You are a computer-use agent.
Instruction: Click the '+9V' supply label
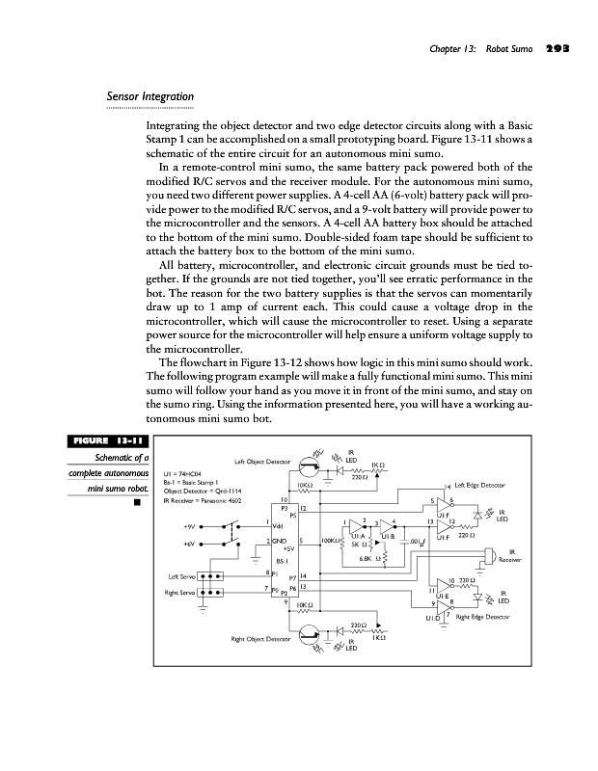click(x=189, y=526)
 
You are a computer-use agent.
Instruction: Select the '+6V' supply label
click(x=189, y=545)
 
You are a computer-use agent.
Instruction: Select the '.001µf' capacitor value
click(x=416, y=543)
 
